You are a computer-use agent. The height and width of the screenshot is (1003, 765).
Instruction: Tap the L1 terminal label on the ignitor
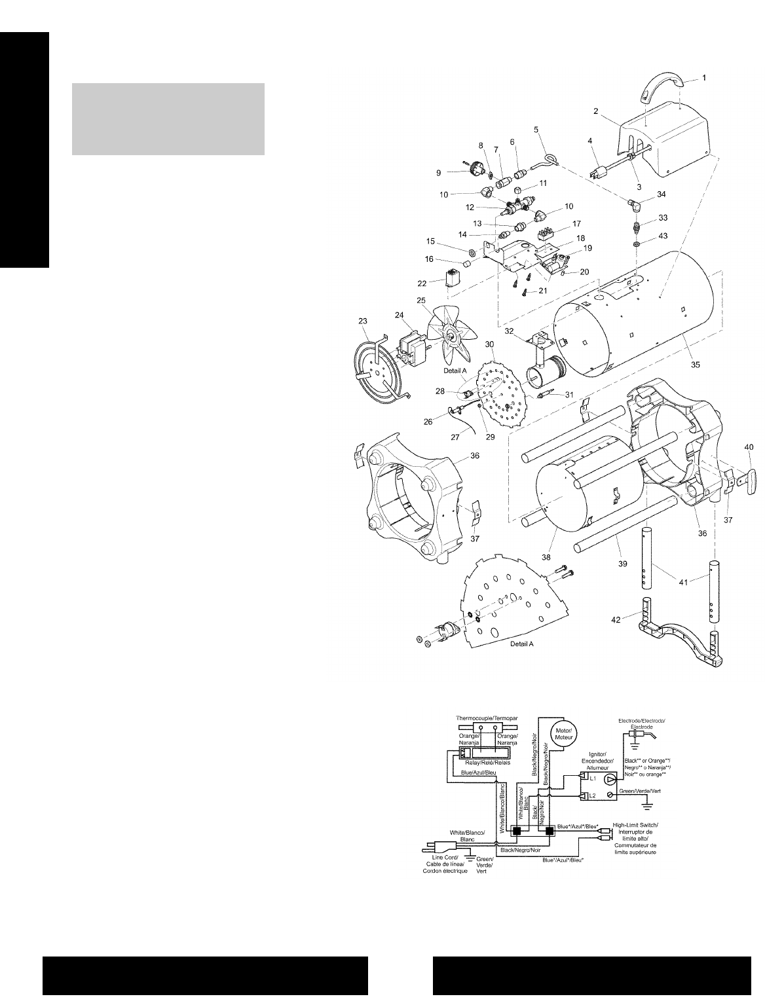592,778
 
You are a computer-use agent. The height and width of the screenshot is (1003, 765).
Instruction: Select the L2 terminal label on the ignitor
592,795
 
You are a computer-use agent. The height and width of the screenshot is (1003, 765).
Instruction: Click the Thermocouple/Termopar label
487,718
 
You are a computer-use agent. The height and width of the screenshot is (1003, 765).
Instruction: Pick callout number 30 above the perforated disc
489,344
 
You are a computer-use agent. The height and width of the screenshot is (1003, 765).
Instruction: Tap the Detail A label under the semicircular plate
522,644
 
